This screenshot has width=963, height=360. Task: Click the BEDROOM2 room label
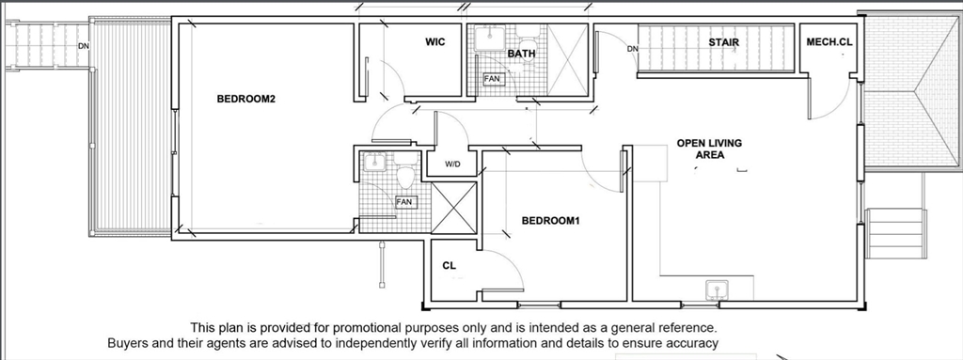pos(245,99)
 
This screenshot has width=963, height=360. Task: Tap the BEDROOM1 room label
pos(550,221)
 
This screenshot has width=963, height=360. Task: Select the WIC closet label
pos(434,42)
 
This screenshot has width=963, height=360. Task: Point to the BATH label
pos(521,55)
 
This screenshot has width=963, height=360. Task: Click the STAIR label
pos(723,42)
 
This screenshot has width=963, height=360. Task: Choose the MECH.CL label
pos(829,42)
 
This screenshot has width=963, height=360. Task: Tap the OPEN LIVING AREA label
pos(709,149)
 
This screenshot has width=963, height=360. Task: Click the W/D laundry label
pos(452,164)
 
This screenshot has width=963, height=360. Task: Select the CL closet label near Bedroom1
pos(449,266)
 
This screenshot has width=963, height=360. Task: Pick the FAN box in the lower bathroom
pos(404,202)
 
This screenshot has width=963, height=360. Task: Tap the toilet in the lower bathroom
pos(405,173)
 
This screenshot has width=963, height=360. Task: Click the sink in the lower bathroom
pos(373,163)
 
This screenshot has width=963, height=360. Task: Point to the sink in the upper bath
pos(490,38)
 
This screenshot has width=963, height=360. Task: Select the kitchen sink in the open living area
pos(717,289)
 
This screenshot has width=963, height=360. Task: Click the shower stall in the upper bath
pos(567,60)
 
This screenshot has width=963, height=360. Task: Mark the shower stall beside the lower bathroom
pos(454,208)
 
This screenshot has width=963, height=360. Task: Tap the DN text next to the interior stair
pos(633,49)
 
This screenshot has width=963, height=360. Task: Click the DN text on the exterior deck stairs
pos(84,46)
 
